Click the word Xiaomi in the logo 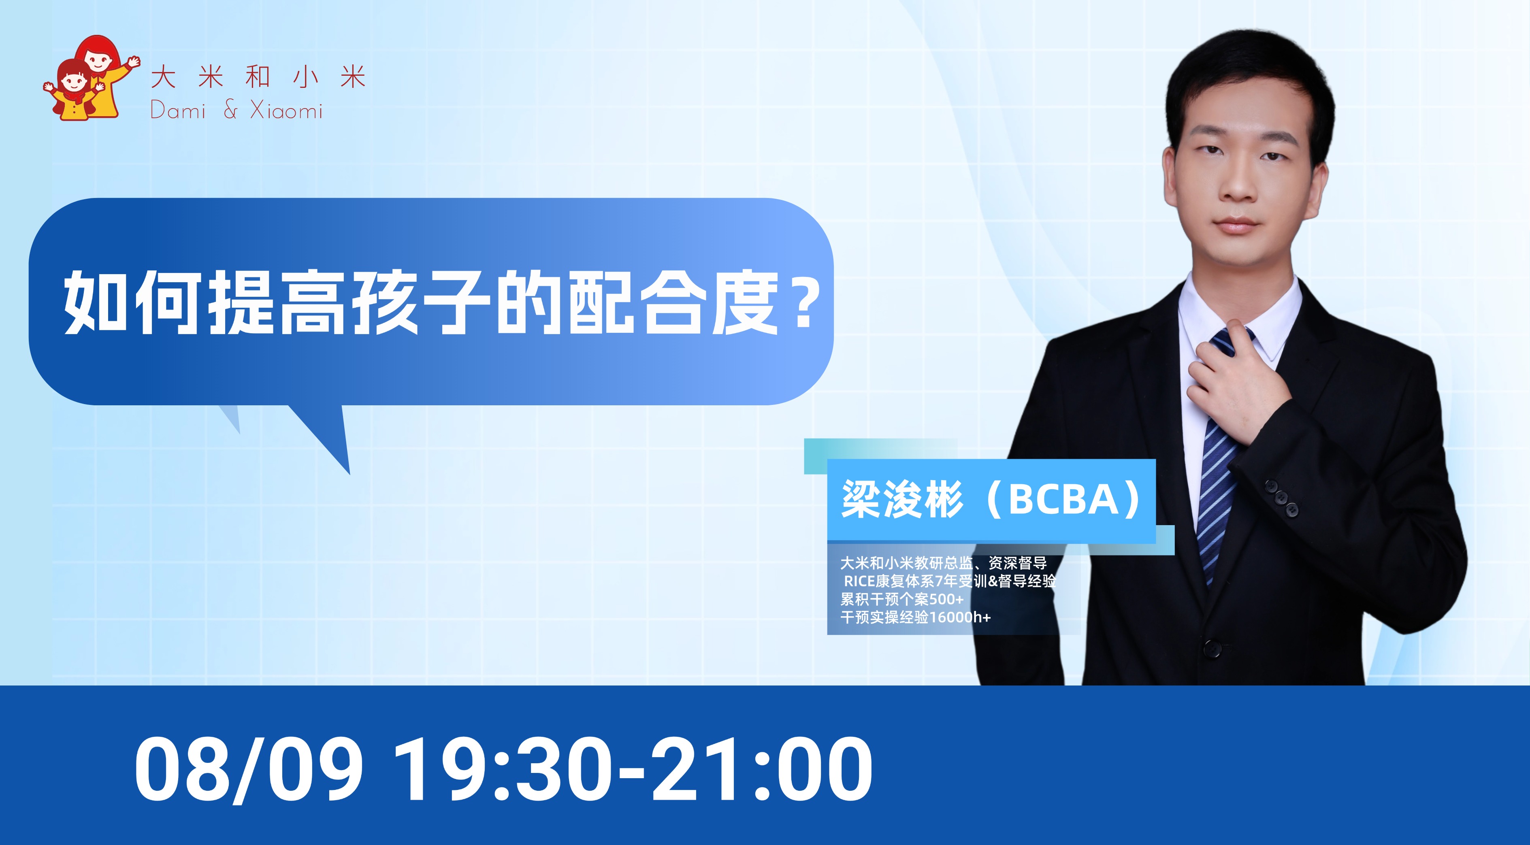(x=286, y=111)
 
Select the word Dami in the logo (x=178, y=111)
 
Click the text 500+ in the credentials (x=947, y=599)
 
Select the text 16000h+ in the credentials (x=960, y=617)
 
